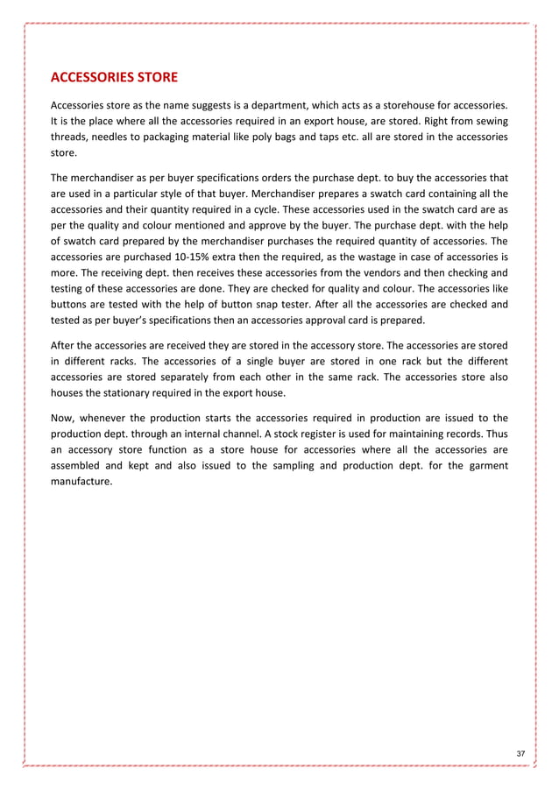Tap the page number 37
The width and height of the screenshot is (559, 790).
[x=520, y=754]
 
